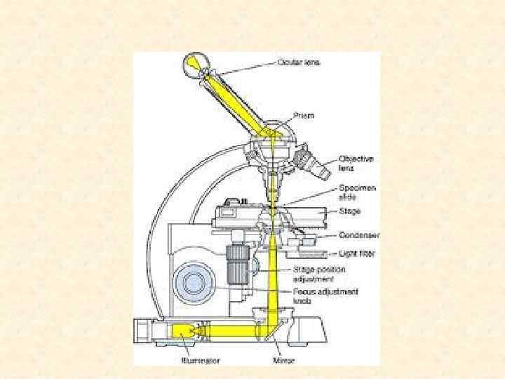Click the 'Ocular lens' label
point(300,62)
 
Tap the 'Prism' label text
point(303,117)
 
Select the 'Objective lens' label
point(356,164)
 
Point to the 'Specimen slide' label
point(358,192)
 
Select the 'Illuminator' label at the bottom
point(200,361)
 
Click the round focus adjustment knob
point(194,283)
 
